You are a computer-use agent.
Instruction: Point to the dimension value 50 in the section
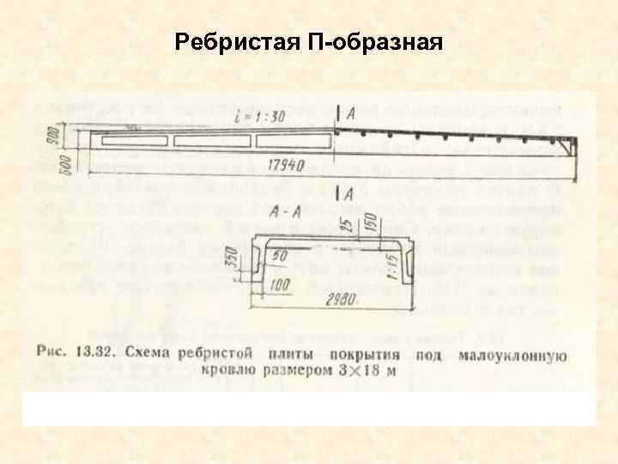(x=279, y=255)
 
